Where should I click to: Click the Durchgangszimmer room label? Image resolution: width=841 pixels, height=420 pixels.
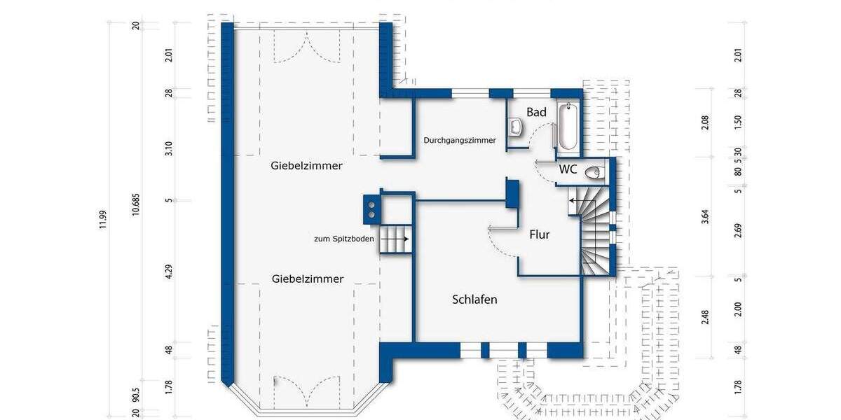point(460,140)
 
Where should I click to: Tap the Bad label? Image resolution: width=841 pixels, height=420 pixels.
point(536,112)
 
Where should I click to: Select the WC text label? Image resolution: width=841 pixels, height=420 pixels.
point(568,169)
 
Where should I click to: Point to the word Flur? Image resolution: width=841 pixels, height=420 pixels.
point(539,234)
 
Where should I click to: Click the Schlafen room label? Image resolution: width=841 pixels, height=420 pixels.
point(474,300)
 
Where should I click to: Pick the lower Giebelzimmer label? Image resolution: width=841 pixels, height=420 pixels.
point(307,279)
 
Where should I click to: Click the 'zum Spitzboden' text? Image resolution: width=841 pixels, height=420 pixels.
point(343,239)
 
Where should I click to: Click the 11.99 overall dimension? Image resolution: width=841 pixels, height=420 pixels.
point(103,219)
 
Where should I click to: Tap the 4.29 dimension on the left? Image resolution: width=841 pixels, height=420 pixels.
point(169,272)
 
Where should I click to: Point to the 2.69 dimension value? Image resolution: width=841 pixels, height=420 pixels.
point(738,231)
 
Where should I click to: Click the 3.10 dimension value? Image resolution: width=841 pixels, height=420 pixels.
point(169,148)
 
